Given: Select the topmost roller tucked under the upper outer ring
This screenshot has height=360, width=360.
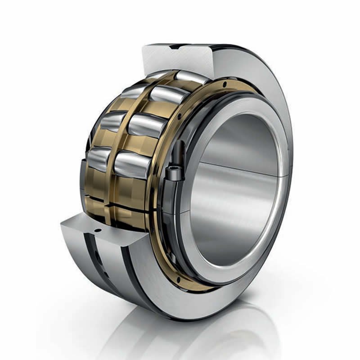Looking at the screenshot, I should coord(191,76).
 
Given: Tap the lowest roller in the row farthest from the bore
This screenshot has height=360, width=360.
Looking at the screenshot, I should coord(98,158).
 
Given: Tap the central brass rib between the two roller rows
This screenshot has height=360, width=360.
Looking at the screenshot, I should coord(119,135).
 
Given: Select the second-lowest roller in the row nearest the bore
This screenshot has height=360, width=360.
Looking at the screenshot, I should coord(143,125).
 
